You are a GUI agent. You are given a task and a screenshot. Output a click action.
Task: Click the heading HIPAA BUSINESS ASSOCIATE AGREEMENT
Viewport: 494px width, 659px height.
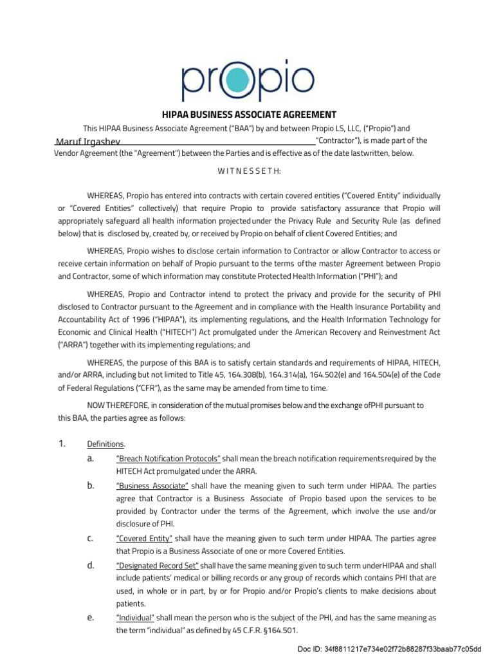[x=246, y=114]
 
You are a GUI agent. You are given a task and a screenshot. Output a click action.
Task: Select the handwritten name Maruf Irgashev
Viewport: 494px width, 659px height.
[x=87, y=142]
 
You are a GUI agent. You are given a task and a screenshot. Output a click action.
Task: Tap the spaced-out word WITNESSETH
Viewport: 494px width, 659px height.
[x=246, y=171]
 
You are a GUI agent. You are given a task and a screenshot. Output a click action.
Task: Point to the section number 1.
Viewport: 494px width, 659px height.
[x=62, y=444]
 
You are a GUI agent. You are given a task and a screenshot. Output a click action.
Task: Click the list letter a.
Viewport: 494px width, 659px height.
[x=89, y=458]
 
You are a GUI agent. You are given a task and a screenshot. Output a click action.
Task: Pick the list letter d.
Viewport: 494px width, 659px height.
[x=89, y=565]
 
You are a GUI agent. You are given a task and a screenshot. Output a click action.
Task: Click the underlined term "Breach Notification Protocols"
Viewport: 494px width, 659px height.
[x=168, y=459]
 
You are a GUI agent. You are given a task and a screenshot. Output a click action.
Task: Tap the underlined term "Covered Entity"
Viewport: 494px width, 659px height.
[x=144, y=539]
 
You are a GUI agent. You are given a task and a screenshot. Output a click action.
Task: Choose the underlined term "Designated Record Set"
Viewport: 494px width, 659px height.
[x=158, y=566]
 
